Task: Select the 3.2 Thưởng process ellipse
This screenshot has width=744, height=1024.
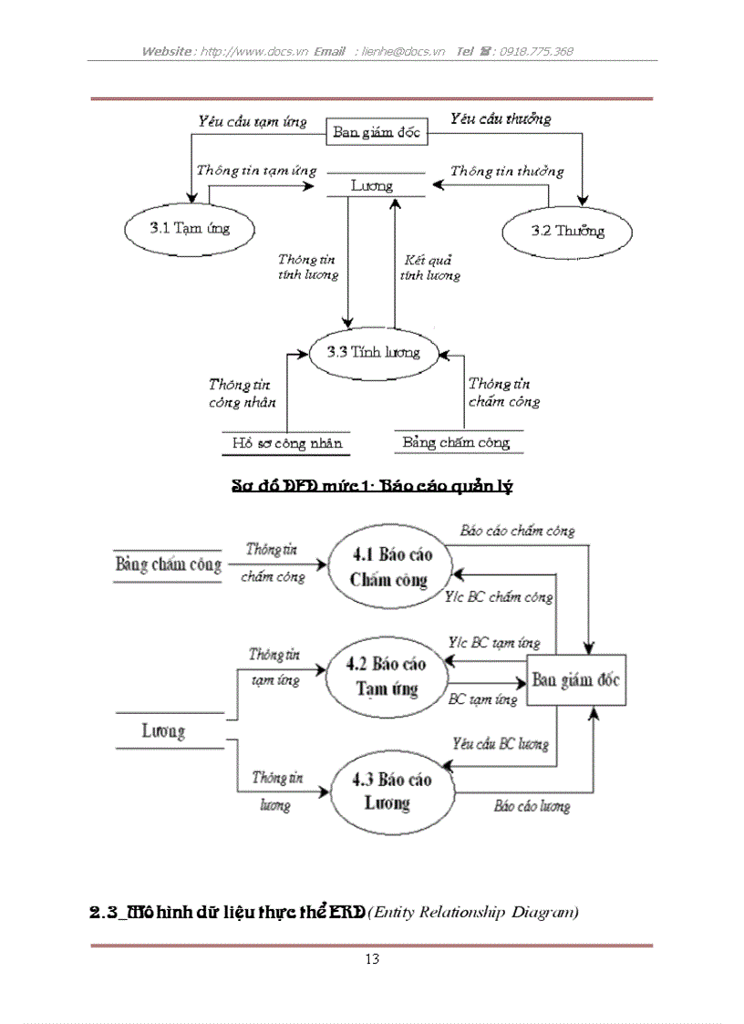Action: [x=567, y=231]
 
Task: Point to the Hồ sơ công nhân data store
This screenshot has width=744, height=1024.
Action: [x=285, y=443]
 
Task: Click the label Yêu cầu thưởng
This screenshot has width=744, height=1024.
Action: [x=500, y=119]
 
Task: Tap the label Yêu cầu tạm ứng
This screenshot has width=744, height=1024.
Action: [x=252, y=120]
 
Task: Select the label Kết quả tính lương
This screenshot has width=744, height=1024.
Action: [x=429, y=267]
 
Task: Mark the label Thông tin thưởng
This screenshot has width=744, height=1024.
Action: [x=507, y=171]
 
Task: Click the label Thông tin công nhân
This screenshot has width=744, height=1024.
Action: [x=242, y=393]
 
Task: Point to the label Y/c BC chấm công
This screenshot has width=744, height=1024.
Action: [x=500, y=598]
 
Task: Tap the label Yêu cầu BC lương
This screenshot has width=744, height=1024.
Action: [x=501, y=743]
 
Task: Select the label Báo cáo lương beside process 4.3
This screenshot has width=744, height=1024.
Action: [x=532, y=807]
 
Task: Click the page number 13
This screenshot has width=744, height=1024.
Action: [x=371, y=958]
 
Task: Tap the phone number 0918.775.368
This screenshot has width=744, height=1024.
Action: [x=538, y=52]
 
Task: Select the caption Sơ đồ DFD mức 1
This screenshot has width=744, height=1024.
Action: [x=372, y=486]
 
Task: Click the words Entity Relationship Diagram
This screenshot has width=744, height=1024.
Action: [x=474, y=913]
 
